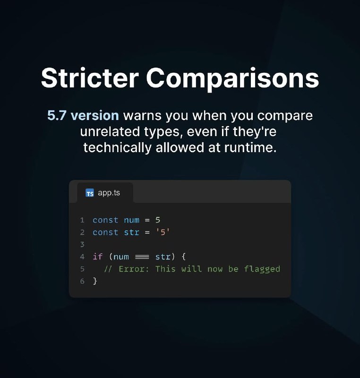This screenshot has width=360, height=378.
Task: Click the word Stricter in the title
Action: [x=90, y=77]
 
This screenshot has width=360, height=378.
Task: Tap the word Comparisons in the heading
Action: [x=232, y=79]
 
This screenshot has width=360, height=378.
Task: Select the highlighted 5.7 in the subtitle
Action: [x=57, y=115]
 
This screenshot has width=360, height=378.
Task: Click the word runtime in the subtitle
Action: [x=250, y=147]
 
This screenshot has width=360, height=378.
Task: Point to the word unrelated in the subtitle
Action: [x=110, y=131]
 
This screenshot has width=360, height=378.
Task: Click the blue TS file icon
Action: [x=90, y=193]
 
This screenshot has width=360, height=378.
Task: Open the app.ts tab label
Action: [x=109, y=193]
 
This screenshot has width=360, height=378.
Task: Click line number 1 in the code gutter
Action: [x=82, y=220]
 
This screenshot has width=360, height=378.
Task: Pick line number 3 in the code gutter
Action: [x=82, y=245]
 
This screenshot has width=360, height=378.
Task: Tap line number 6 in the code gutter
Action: [x=82, y=281]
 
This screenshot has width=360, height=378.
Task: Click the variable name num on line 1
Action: [x=131, y=220]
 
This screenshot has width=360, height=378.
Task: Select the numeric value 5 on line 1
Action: [x=158, y=220]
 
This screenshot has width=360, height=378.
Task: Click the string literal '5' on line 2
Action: [x=163, y=232]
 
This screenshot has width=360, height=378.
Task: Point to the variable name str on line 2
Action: [x=131, y=232]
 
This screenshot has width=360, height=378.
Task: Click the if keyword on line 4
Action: [x=98, y=257]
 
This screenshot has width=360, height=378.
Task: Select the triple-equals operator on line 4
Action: [x=142, y=257]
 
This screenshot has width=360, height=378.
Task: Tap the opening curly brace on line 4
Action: [x=184, y=257]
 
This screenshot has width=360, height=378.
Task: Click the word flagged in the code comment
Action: [x=262, y=269]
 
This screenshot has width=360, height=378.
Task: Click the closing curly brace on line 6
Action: [x=95, y=281]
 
